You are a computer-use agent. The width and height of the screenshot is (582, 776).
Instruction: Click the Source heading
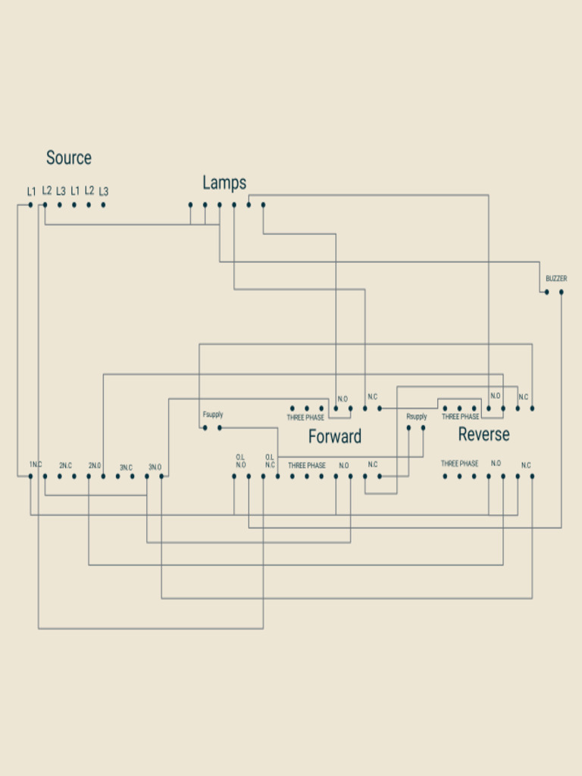(69, 158)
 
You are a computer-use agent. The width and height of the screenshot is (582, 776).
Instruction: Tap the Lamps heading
(224, 183)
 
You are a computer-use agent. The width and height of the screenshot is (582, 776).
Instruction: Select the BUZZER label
(556, 279)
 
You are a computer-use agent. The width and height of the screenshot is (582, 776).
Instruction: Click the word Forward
(334, 436)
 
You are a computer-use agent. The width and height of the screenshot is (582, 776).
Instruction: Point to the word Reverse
(483, 434)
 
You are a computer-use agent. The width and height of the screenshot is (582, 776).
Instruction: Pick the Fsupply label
(213, 415)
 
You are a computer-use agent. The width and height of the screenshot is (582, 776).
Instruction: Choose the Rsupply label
(416, 417)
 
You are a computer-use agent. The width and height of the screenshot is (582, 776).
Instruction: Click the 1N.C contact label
(36, 465)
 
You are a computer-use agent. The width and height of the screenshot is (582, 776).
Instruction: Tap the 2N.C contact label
(65, 466)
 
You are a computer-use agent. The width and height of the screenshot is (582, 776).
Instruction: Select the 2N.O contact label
(95, 466)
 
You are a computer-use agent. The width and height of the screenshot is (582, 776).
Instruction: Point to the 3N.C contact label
(126, 467)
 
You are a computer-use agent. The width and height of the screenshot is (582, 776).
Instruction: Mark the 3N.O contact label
(155, 467)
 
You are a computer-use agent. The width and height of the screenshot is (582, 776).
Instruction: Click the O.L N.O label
(240, 461)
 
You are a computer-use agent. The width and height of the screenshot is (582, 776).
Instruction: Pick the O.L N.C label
(270, 461)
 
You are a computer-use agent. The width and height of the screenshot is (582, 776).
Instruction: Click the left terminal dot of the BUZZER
(547, 292)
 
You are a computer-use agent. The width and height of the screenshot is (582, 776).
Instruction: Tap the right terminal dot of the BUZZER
(562, 292)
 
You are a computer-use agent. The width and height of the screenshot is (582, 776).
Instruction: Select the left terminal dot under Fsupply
(205, 427)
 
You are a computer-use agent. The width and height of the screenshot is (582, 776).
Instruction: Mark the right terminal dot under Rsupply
(423, 427)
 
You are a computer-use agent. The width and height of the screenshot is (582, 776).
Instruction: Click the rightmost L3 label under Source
(103, 191)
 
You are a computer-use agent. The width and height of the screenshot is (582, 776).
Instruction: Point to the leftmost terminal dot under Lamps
(190, 205)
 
